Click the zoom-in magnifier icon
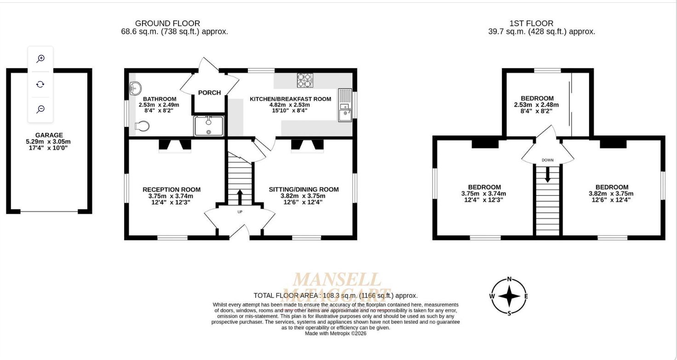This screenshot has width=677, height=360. tap(40, 58)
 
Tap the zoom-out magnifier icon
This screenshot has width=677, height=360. tap(40, 109)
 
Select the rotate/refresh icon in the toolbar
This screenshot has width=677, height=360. tap(40, 84)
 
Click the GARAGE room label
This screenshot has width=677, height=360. tap(49, 135)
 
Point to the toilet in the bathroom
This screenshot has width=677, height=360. tap(142, 126)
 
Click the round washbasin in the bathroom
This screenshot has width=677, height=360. tap(135, 88)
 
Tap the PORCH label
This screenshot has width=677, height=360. tap(209, 93)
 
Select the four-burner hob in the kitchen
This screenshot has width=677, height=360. tap(304, 80)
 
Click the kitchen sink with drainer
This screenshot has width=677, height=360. tap(345, 105)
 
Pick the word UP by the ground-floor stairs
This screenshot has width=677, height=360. tap(240, 212)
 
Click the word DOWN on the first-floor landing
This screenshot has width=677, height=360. tap(548, 160)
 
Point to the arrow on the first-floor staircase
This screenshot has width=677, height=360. tap(548, 174)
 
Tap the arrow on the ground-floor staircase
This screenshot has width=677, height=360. tap(240, 197)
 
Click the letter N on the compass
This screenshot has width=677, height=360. tap(509, 279)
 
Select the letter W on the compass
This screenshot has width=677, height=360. tap(492, 296)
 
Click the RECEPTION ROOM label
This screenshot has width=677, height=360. tap(172, 190)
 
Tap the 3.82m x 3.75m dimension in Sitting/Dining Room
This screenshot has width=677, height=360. tap(303, 196)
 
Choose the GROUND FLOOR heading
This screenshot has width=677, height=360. tap(167, 23)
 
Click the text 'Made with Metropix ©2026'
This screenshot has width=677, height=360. tap(335, 333)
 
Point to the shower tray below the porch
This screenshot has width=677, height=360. tap(209, 126)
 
